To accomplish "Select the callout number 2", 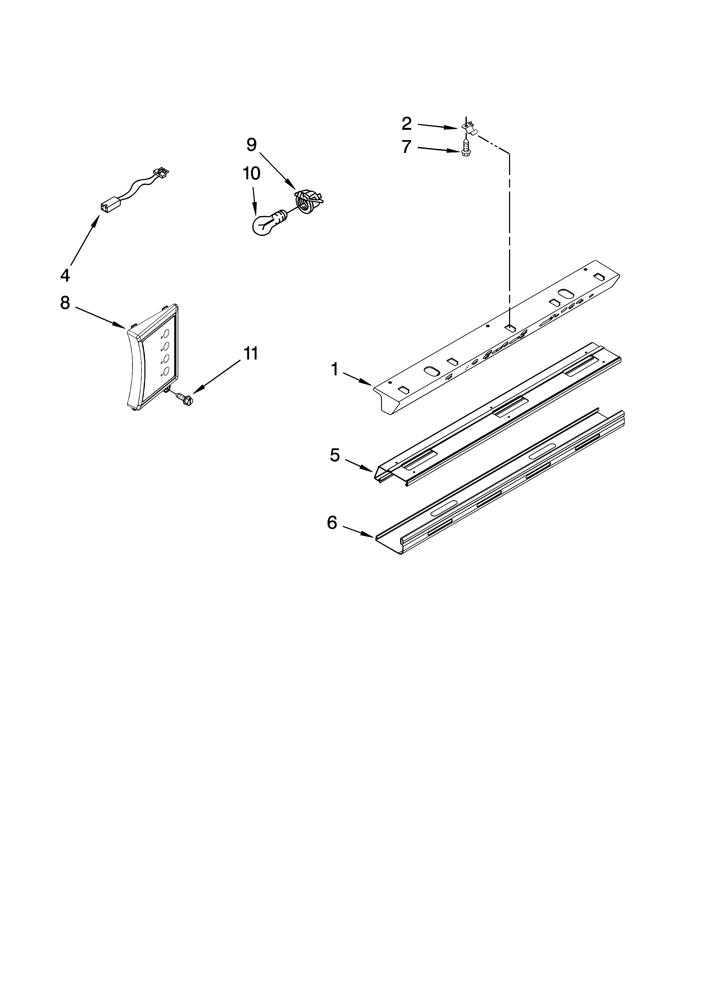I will (x=406, y=124).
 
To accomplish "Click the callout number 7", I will (x=406, y=147).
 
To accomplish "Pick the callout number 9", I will (x=251, y=145).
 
